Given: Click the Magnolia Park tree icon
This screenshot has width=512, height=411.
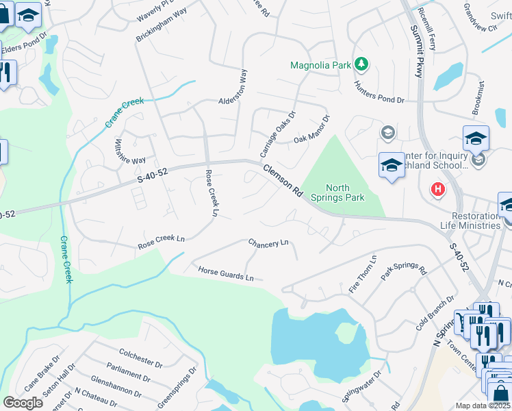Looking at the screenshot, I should [x=361, y=65].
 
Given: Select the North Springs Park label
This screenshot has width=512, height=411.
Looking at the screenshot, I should [x=345, y=192].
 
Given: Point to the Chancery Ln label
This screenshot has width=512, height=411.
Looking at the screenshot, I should [x=268, y=243].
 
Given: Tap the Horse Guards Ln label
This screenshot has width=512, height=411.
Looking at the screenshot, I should [x=226, y=274].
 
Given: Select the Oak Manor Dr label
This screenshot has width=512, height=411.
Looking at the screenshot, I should [x=312, y=129].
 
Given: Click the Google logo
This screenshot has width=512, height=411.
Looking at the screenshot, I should [x=23, y=403].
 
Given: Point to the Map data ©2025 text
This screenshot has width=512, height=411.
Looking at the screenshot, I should [x=483, y=406].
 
